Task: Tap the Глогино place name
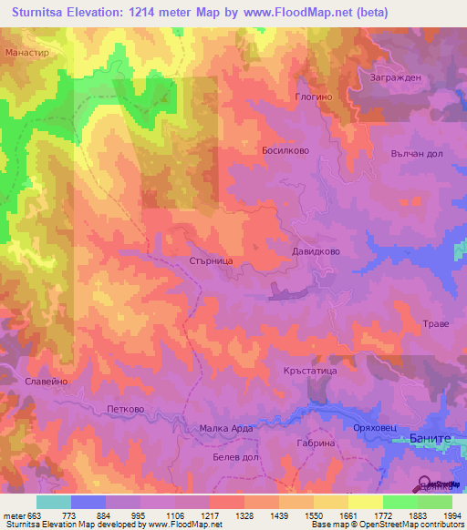[x=317, y=96]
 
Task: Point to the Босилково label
[x=286, y=150]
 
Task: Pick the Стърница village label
[x=211, y=260]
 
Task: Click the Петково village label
[x=126, y=410]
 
